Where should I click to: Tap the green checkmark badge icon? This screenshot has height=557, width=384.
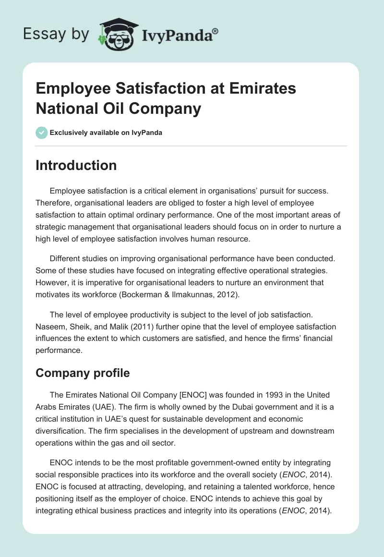(x=42, y=133)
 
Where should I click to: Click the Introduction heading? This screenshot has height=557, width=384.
(x=76, y=165)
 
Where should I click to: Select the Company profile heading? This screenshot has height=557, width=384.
(x=82, y=373)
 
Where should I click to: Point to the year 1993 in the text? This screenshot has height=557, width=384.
(x=262, y=395)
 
